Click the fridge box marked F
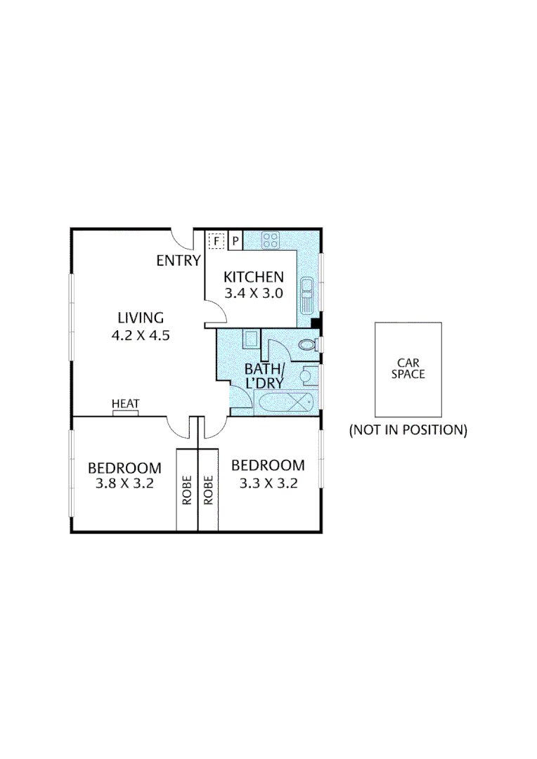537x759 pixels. [x=216, y=241]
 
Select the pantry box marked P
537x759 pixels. [x=235, y=241]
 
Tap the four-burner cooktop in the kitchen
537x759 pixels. [x=271, y=240]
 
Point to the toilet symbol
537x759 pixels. [x=307, y=345]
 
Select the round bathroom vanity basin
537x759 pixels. [x=306, y=376]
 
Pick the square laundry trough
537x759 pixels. [x=251, y=339]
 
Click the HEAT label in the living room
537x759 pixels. [x=126, y=404]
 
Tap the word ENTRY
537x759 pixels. [x=179, y=261]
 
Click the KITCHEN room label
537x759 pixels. [x=253, y=278]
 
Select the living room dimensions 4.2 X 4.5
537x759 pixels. [x=141, y=335]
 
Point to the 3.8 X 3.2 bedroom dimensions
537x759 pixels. [x=124, y=484]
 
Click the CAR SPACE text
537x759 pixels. [x=408, y=369]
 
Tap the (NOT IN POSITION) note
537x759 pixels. [x=408, y=430]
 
